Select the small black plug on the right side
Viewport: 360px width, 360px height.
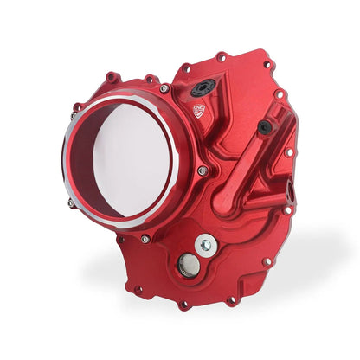263,127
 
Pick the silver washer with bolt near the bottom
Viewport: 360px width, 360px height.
205,246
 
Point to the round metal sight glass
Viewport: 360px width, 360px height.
186,266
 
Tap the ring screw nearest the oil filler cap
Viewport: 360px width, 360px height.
164,88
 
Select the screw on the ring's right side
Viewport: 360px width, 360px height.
202,171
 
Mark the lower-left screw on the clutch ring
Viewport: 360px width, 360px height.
71,203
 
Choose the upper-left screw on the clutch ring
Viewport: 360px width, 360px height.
76,107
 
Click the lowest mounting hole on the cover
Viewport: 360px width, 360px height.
184,305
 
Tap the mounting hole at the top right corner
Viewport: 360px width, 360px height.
268,64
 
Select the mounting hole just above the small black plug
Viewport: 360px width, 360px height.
279,94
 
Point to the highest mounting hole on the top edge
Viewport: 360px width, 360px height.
222,57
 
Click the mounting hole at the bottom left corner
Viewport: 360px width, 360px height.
137,290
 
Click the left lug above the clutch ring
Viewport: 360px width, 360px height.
111,77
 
